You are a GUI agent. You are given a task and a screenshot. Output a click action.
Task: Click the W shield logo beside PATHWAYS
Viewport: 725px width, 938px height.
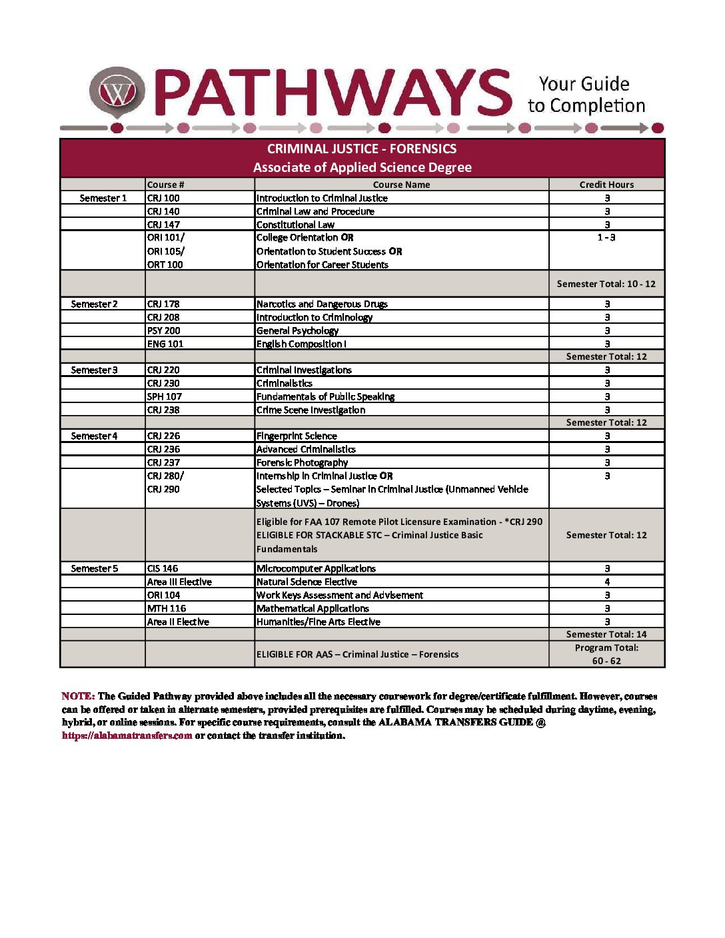click(117, 91)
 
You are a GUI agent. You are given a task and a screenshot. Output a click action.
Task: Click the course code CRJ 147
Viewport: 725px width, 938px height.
click(163, 225)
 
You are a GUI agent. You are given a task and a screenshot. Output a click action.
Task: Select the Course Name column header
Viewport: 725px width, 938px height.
click(401, 185)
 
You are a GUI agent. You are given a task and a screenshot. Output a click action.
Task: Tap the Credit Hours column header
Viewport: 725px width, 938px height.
click(606, 185)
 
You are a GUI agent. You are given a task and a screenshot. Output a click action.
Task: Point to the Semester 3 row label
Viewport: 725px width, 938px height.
click(94, 370)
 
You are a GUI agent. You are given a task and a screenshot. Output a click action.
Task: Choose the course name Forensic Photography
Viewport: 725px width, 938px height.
click(302, 462)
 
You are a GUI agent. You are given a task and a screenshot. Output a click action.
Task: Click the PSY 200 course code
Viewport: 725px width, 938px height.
click(163, 330)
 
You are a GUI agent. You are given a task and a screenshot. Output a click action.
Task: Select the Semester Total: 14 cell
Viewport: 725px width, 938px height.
click(606, 634)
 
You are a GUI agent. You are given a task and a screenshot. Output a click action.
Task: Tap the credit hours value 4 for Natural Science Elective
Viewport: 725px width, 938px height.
click(607, 582)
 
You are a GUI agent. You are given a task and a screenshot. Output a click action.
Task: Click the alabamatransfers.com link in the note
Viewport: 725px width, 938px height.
click(127, 735)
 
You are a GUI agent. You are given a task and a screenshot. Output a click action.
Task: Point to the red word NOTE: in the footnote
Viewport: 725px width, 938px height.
click(78, 696)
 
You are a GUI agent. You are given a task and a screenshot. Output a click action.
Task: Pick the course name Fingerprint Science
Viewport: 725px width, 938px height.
click(297, 436)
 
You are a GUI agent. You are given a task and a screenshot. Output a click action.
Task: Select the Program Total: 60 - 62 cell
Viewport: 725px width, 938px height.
click(606, 654)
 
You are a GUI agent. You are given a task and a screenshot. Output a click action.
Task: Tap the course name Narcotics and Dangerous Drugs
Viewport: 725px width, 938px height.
click(322, 304)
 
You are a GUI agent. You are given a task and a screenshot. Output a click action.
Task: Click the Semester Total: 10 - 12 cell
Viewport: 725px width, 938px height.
click(606, 284)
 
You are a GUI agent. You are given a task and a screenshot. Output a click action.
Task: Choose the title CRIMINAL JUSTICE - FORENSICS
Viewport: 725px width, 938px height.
click(362, 149)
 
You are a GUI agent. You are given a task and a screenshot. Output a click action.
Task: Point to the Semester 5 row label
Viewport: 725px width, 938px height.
click(94, 568)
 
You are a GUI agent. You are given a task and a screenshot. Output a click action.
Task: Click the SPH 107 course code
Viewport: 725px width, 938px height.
click(164, 396)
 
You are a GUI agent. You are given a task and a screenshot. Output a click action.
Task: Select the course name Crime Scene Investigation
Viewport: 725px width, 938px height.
click(311, 410)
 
